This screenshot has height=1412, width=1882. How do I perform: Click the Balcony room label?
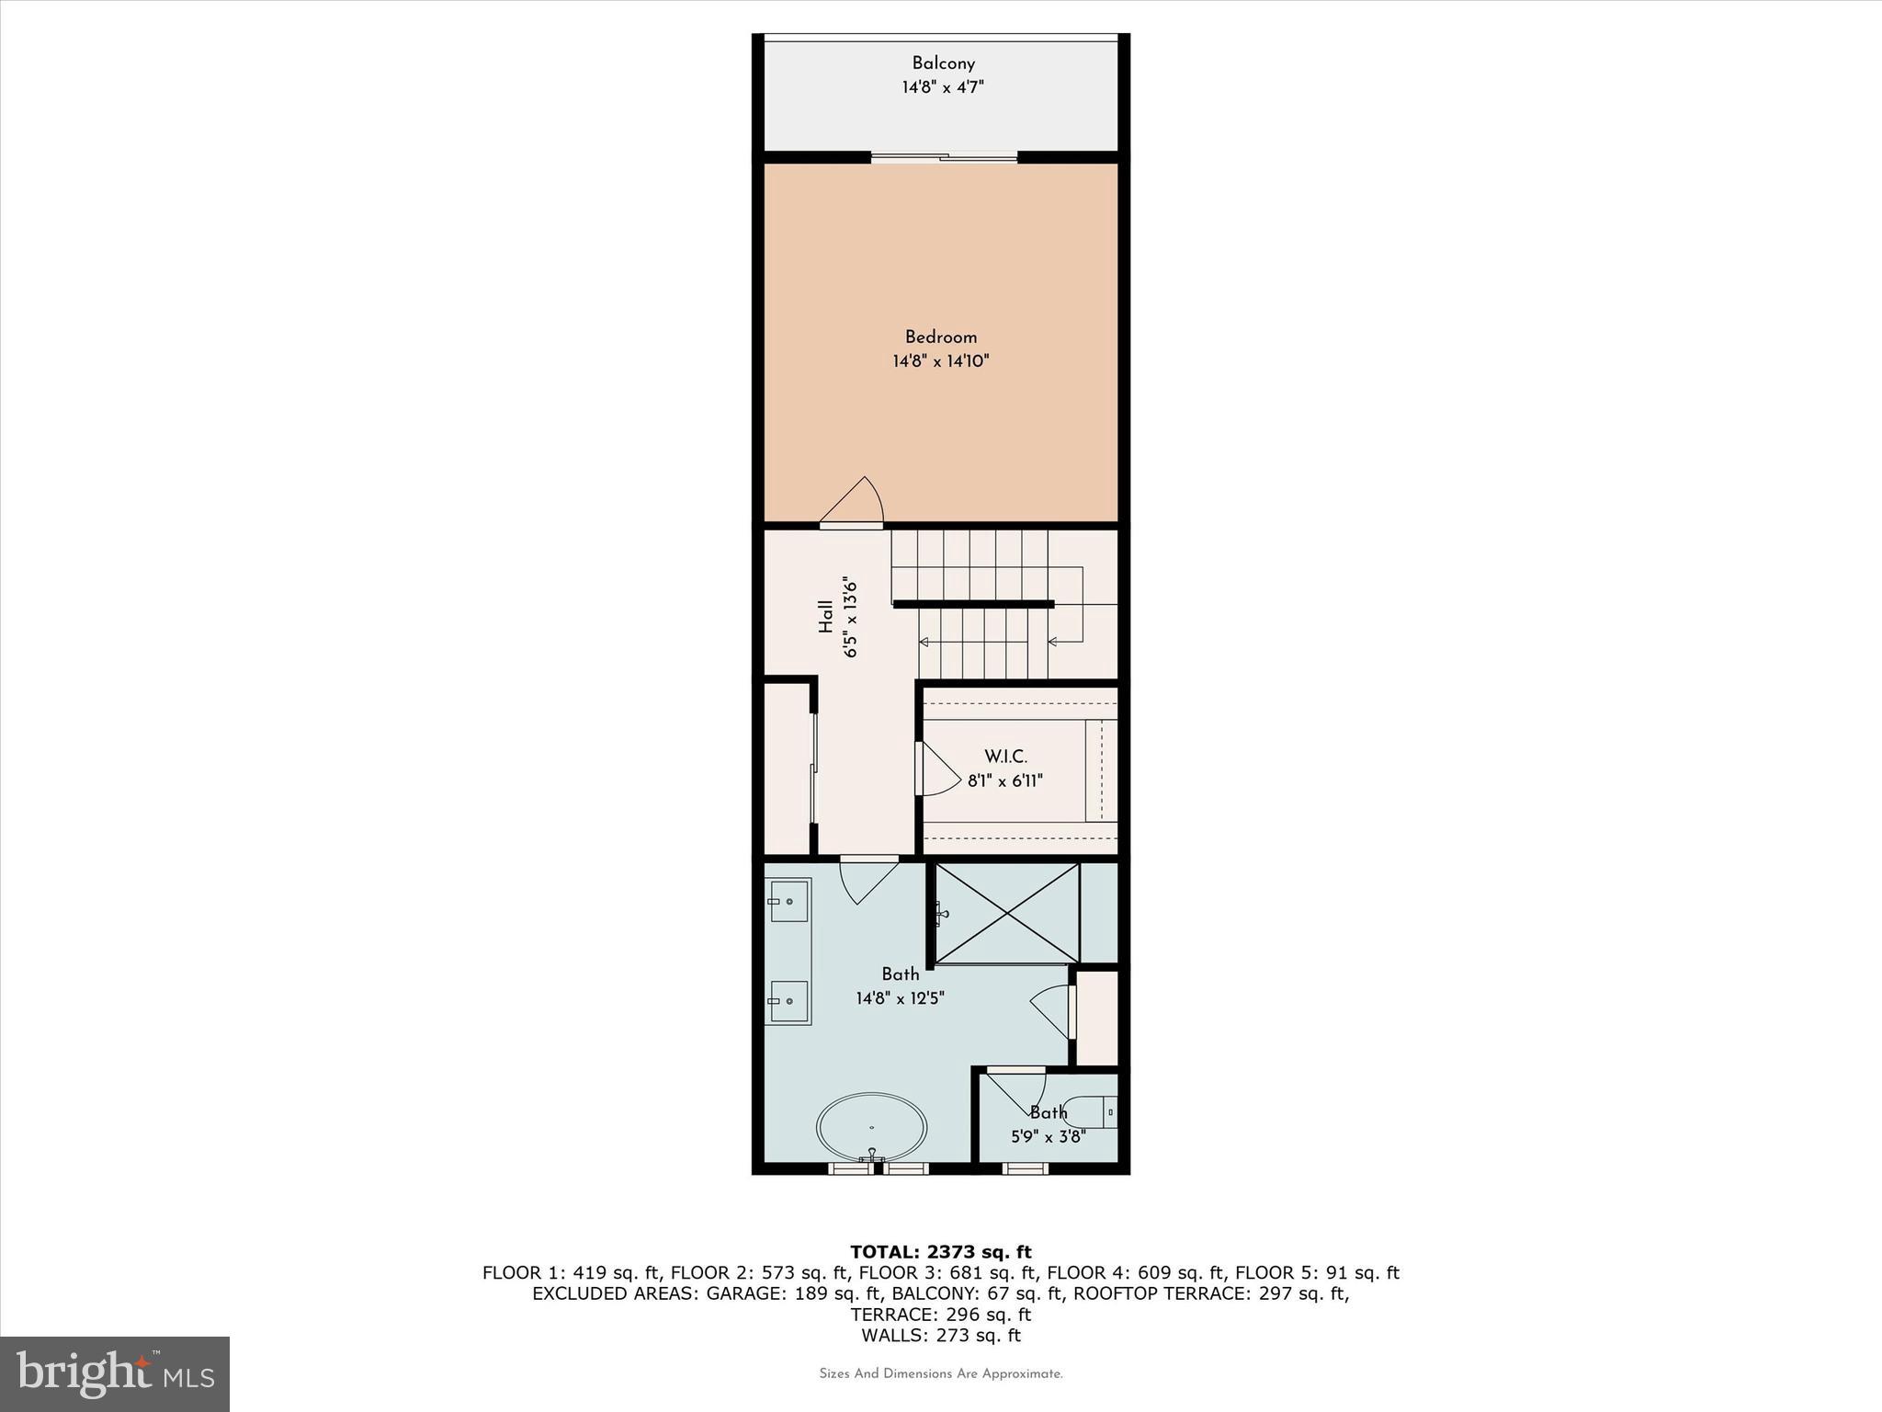tap(943, 63)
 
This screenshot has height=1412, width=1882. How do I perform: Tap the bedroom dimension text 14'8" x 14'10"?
tap(940, 361)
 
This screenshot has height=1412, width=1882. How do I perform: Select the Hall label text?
tap(826, 617)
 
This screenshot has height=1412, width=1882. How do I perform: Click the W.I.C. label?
tap(1005, 757)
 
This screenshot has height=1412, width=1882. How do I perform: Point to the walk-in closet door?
tap(935, 770)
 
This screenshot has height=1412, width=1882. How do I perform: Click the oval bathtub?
tap(871, 1127)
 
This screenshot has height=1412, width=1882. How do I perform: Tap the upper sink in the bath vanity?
tap(788, 901)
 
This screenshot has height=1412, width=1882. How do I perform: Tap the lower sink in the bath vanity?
tap(788, 1001)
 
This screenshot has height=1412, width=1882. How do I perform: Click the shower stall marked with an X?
tap(1007, 913)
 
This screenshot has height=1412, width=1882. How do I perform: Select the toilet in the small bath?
tap(1094, 1113)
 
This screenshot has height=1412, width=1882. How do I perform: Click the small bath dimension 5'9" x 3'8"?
tap(1048, 1136)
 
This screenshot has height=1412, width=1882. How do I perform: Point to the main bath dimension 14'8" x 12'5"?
tap(900, 997)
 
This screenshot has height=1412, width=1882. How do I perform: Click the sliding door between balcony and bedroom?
tap(944, 159)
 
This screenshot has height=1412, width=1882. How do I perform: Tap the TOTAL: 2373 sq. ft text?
tap(940, 1252)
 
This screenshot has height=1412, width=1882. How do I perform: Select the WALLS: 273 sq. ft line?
tap(940, 1336)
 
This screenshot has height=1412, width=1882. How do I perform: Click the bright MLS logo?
tap(115, 1374)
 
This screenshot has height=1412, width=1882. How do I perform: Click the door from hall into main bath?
tap(867, 878)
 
